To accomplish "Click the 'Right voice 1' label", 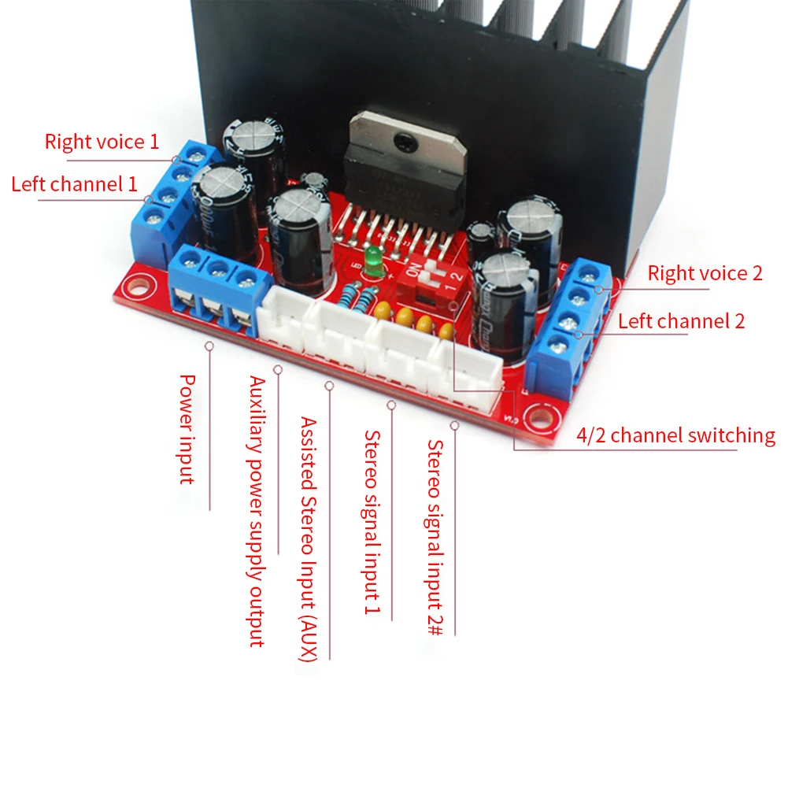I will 102,142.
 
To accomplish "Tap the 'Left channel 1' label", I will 74,184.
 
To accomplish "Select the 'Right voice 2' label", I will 705,274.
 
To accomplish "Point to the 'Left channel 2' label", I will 681,321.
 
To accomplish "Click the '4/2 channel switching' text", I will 675,435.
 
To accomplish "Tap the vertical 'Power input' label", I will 187,428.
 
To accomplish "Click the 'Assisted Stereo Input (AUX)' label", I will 308,540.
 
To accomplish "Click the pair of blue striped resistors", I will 358,298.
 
